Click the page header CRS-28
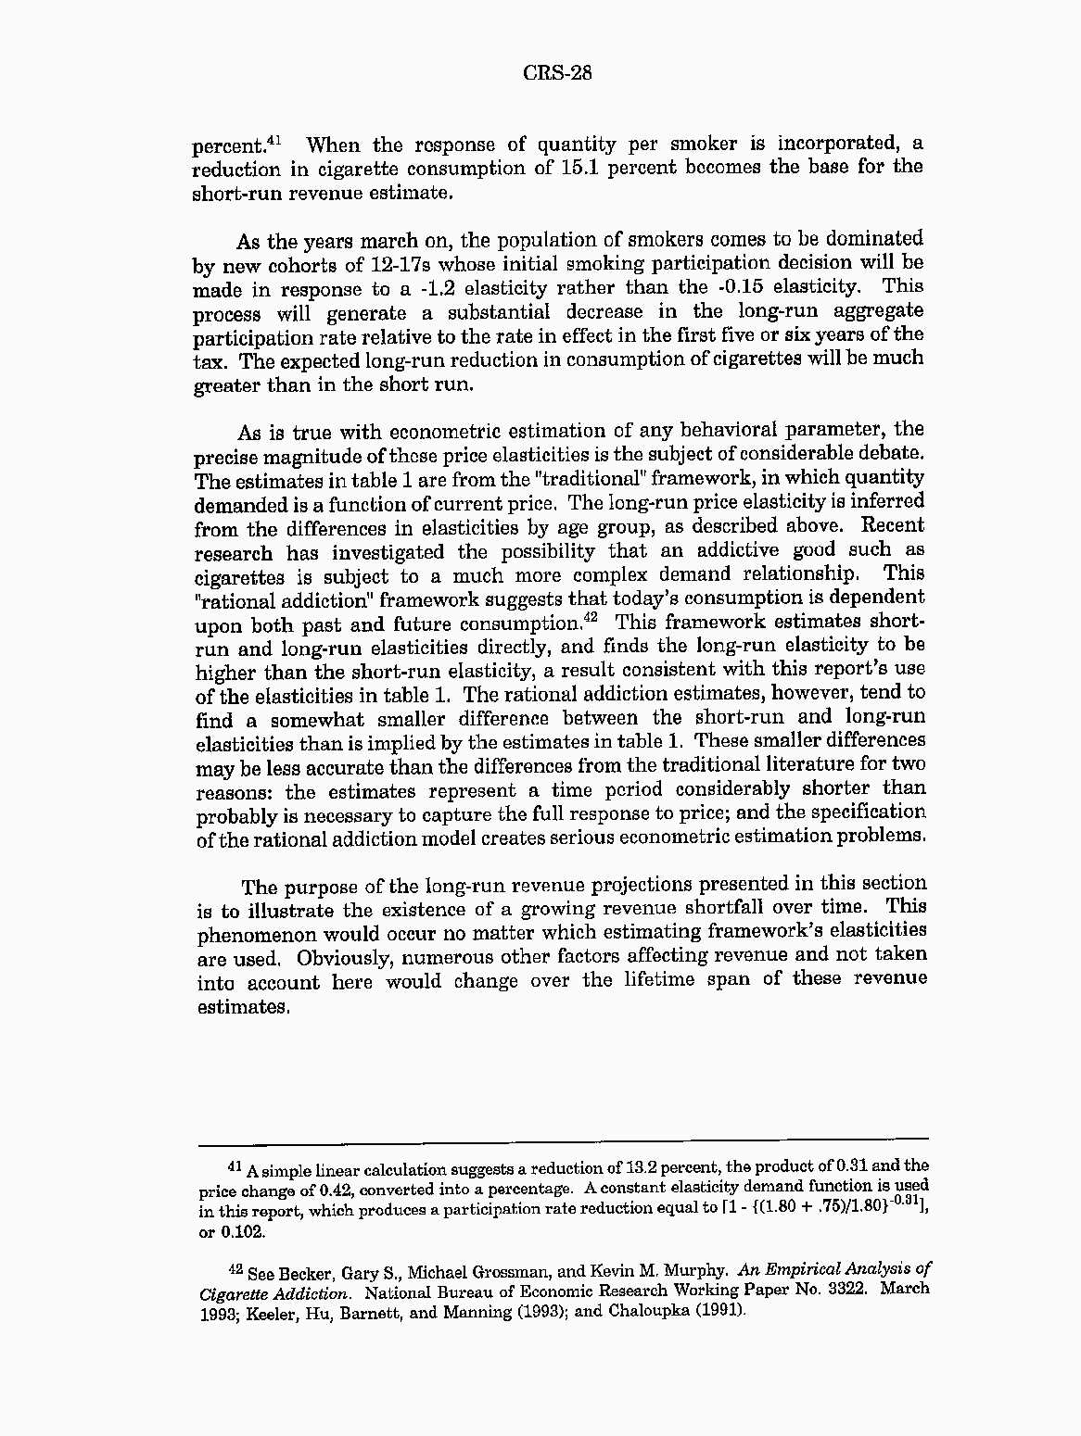coord(556,73)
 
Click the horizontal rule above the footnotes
coord(562,1139)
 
